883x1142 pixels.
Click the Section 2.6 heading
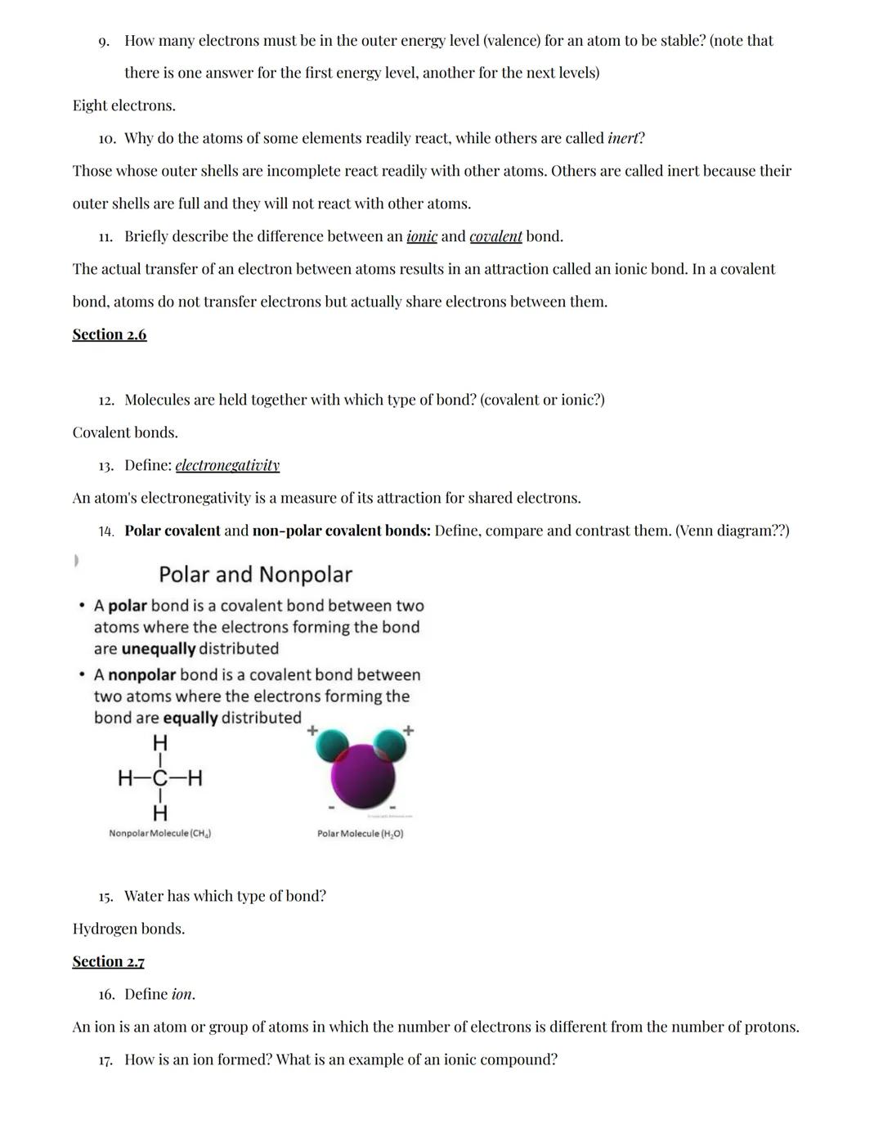(x=110, y=334)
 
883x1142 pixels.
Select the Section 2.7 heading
(x=108, y=961)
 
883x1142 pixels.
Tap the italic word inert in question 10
(x=625, y=138)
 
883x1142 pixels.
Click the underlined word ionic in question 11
(x=422, y=236)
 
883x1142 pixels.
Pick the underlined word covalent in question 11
(x=495, y=236)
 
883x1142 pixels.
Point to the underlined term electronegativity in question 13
(x=227, y=465)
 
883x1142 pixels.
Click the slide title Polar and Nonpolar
(x=255, y=575)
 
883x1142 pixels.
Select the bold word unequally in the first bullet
(x=158, y=649)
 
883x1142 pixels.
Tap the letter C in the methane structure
(x=160, y=777)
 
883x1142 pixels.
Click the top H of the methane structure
(x=160, y=743)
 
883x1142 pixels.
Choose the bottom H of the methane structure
(x=160, y=813)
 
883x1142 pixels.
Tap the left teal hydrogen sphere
(x=330, y=744)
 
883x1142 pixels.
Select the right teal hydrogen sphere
(x=391, y=744)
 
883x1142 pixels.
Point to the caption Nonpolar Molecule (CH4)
(x=160, y=833)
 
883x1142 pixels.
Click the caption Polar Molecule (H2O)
(x=360, y=833)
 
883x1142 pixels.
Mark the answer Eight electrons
(x=123, y=105)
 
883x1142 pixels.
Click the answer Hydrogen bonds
(x=128, y=929)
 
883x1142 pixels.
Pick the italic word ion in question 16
(x=182, y=994)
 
